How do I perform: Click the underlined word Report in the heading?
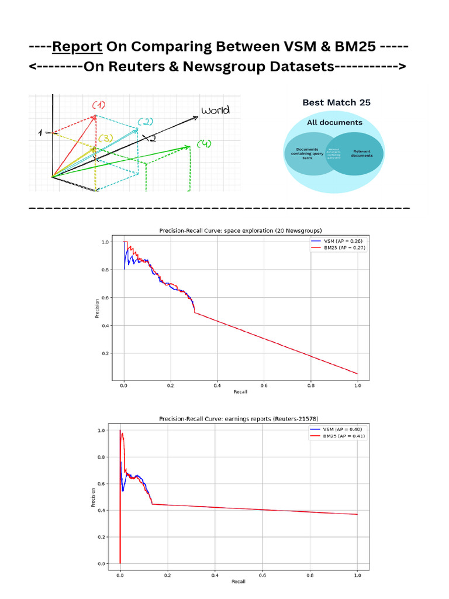[77, 46]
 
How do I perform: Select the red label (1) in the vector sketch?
[99, 105]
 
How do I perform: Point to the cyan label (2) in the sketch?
[145, 122]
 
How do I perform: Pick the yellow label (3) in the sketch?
[105, 138]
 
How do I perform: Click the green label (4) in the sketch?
[204, 144]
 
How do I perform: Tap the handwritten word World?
[215, 111]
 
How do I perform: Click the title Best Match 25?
[336, 102]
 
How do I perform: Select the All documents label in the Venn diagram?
[334, 122]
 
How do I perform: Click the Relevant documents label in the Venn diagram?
[362, 153]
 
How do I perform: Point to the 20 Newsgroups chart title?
[240, 231]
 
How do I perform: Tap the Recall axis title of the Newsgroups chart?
[240, 391]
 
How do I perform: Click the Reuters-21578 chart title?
[240, 419]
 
